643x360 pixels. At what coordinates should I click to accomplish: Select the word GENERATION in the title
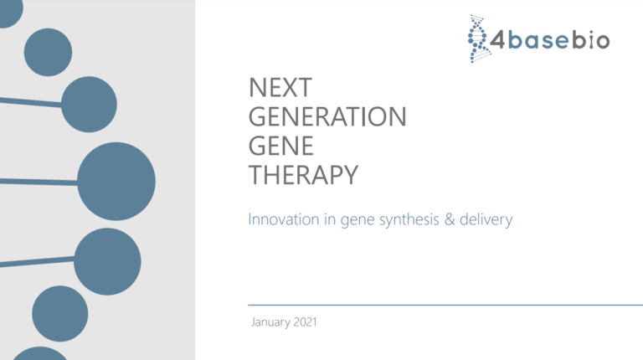(327, 117)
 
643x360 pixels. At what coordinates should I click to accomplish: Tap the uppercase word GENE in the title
(281, 146)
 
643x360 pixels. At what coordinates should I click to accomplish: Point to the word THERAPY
(304, 175)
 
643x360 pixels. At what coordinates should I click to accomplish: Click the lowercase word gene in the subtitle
(357, 220)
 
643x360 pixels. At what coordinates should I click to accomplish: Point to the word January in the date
(270, 322)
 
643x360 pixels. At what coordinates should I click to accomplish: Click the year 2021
(305, 322)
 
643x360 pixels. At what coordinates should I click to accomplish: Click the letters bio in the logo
(591, 40)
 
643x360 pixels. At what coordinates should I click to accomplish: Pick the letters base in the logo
(540, 40)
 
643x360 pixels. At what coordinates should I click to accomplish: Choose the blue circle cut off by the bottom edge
(38, 354)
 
